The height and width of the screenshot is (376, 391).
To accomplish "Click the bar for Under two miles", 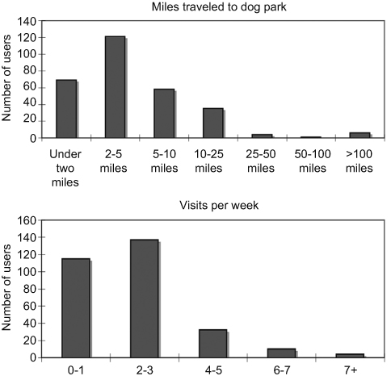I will coord(65,109).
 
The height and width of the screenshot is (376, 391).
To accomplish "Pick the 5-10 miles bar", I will coord(164,114).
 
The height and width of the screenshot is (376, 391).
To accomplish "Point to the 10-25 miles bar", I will coord(212,123).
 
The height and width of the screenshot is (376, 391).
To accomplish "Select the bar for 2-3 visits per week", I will coord(144,298).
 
